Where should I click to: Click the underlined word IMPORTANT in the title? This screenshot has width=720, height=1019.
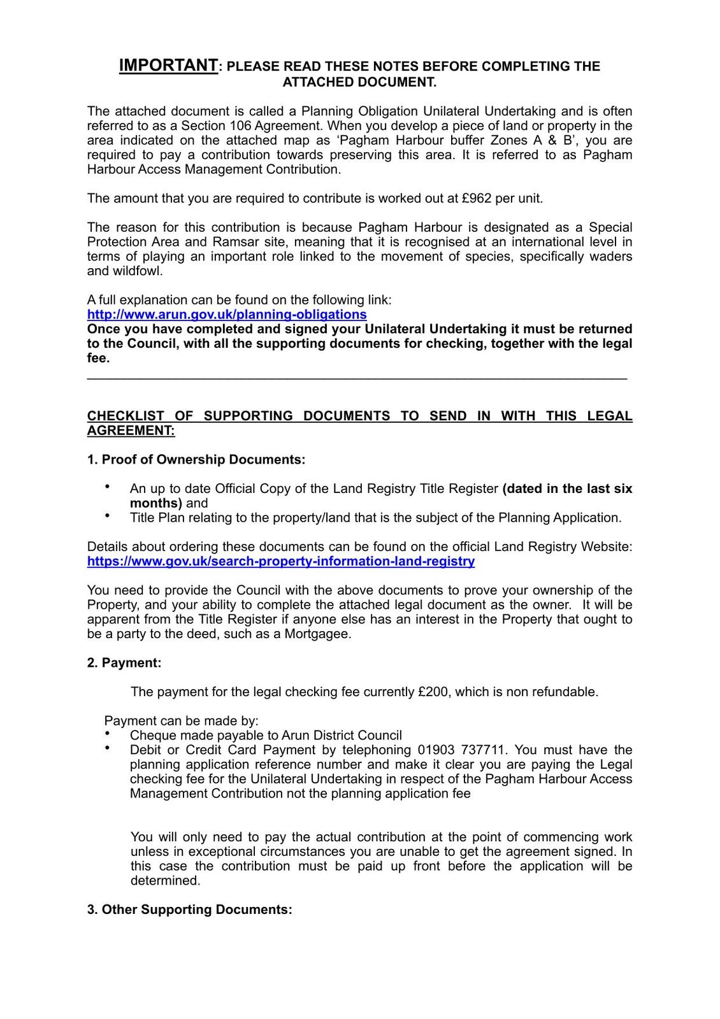click(168, 66)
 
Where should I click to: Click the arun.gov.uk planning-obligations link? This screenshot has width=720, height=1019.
click(227, 315)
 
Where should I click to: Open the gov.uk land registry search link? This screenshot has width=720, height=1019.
click(281, 561)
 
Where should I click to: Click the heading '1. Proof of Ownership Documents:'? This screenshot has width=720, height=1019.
click(196, 459)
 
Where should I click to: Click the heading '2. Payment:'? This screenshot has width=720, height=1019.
click(124, 663)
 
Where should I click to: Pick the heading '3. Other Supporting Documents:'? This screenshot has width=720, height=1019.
click(190, 909)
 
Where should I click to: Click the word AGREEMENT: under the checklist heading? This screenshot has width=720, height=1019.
click(131, 431)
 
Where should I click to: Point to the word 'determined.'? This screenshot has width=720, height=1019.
click(166, 881)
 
